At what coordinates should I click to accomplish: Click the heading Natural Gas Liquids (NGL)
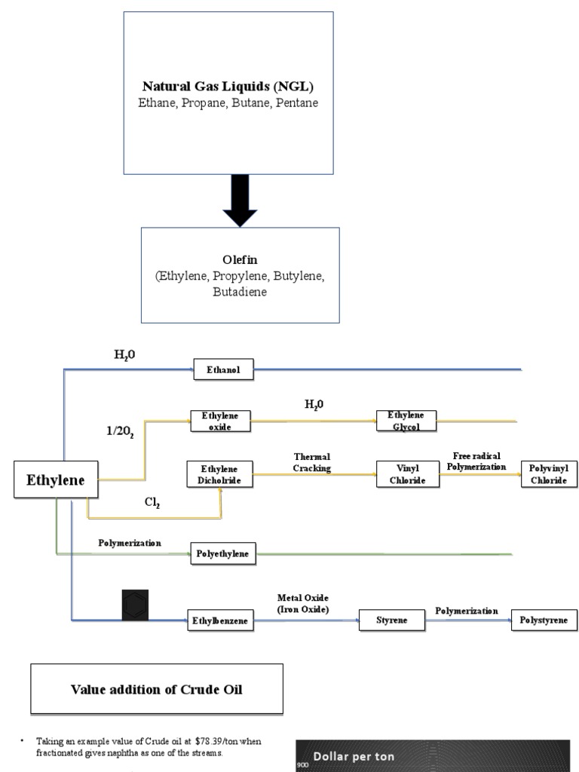[x=228, y=87]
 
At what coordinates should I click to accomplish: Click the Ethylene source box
[x=56, y=479]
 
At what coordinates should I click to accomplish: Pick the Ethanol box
[x=223, y=369]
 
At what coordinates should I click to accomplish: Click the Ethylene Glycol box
[x=406, y=421]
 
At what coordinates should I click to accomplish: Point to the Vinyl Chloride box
[x=407, y=474]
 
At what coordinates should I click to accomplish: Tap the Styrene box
[x=391, y=620]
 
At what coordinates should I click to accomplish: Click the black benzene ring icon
[x=136, y=605]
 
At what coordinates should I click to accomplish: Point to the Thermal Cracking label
[x=312, y=462]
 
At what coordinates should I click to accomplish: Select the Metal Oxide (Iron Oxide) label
[x=302, y=603]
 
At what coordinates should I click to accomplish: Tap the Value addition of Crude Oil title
[x=156, y=689]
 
